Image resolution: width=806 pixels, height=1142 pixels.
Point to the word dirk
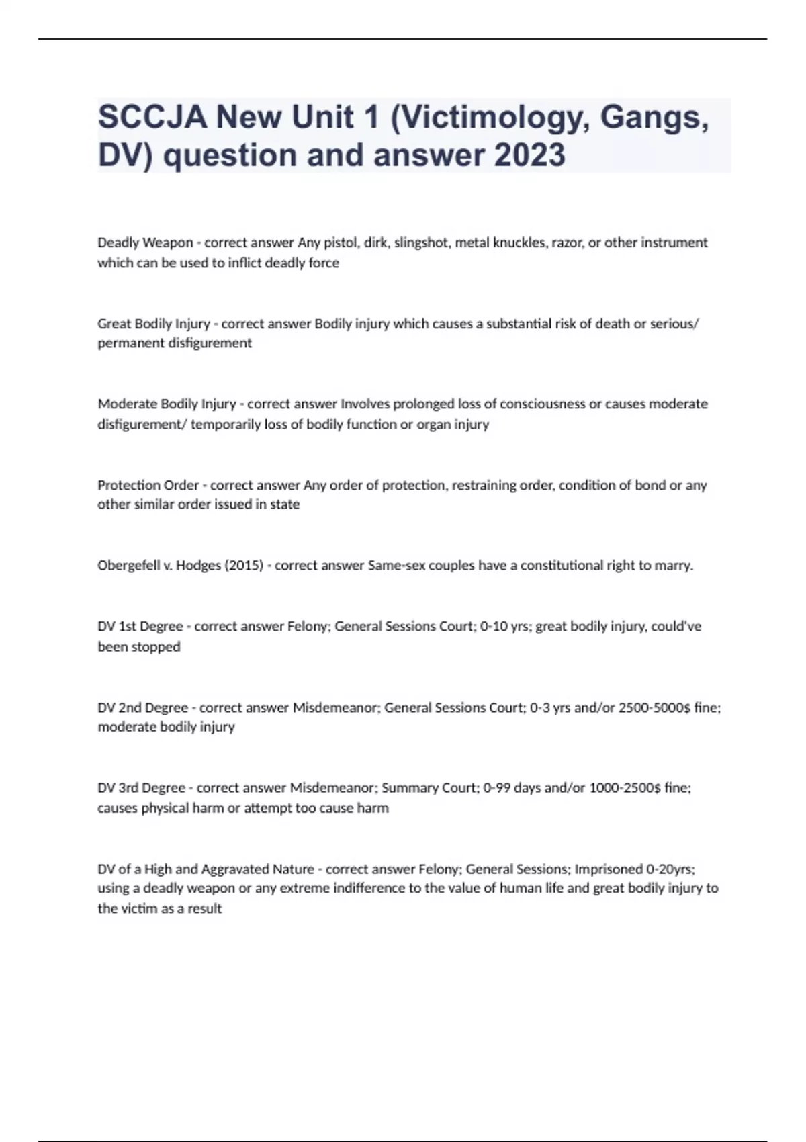coord(375,243)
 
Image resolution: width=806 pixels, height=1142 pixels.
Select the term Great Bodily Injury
coord(154,324)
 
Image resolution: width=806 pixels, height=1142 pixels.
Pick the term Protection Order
coord(148,485)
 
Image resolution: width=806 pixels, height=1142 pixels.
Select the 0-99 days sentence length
coord(512,788)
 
